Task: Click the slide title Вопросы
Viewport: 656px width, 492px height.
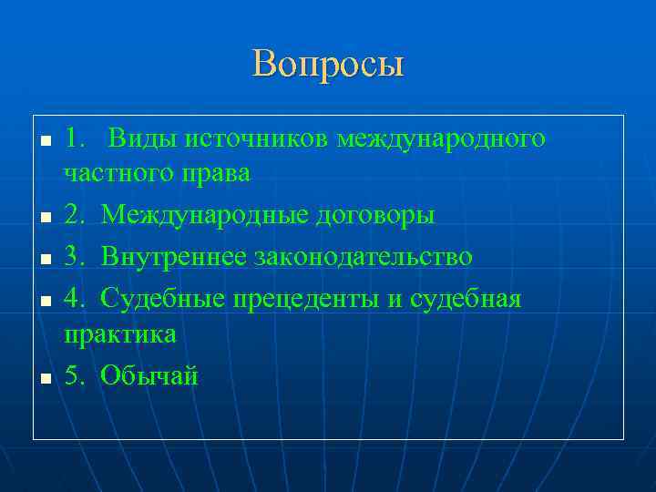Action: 328,65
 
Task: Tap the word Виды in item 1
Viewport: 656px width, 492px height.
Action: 143,138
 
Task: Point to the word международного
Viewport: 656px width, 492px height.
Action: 441,138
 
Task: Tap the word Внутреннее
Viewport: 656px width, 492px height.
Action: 174,257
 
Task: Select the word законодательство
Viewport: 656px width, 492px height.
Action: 363,257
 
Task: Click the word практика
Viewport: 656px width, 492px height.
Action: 119,333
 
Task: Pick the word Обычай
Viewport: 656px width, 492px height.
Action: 149,375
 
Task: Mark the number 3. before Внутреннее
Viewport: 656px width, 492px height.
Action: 75,257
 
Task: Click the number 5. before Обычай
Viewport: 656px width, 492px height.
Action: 75,375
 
